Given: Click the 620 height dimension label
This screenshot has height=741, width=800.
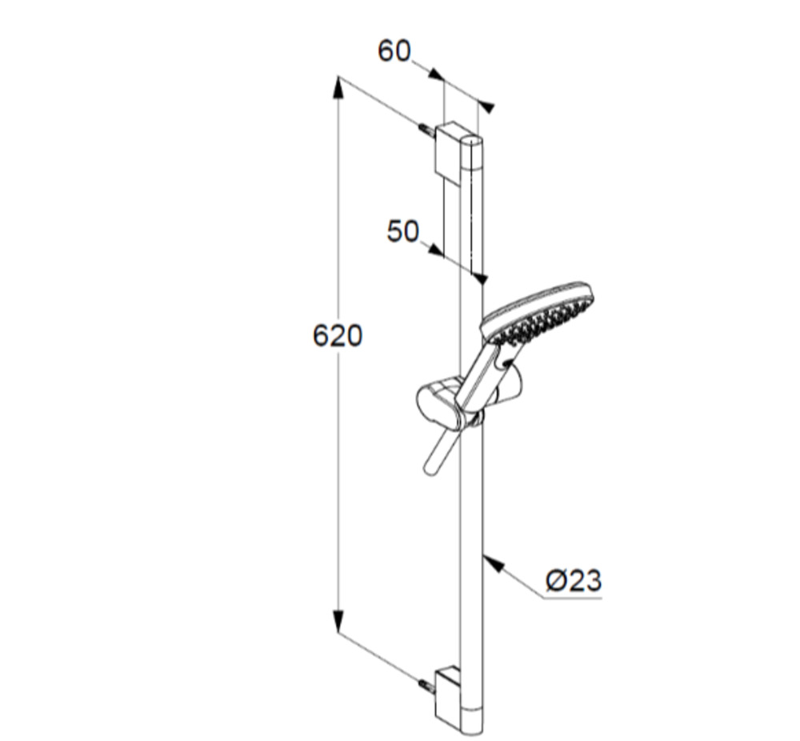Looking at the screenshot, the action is point(338,336).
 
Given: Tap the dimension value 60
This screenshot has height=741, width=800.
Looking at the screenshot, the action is point(394,51).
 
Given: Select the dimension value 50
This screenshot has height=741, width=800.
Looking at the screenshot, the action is point(403,231).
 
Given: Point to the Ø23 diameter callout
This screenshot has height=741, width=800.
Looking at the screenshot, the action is point(574,580).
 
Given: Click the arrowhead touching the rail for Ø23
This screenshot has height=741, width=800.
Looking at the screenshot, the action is point(493,563).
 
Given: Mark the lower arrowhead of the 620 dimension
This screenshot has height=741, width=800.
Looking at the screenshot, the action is point(338,621).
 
